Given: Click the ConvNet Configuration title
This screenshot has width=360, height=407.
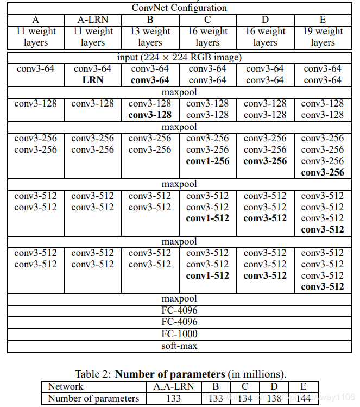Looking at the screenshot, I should point(179,8).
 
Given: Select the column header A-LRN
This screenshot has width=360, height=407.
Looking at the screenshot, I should point(93,20).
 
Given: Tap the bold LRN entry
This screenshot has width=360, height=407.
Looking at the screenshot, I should point(93,80).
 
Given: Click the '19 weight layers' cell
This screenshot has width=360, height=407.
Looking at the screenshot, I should point(323,36).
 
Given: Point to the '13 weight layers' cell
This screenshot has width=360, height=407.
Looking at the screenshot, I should point(150,36).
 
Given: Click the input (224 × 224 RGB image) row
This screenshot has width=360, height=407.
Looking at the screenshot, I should point(179,57).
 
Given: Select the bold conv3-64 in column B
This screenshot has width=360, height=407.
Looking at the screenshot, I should point(150,80).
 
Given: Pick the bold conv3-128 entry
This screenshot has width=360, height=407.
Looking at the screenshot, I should point(150,115).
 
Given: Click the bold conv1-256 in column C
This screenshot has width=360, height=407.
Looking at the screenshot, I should point(207,161).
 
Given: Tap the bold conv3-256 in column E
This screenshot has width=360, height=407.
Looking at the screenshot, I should point(323,172).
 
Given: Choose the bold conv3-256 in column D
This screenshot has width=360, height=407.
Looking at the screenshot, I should point(265,161).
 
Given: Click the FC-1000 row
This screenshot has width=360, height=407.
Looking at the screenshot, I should point(179,334).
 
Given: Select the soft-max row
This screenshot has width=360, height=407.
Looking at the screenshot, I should point(179,346).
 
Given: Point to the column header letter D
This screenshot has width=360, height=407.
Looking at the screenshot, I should point(265,20).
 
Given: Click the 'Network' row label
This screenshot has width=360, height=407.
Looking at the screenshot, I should point(66,386).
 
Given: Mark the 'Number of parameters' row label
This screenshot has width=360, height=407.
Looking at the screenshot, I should point(93,398).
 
